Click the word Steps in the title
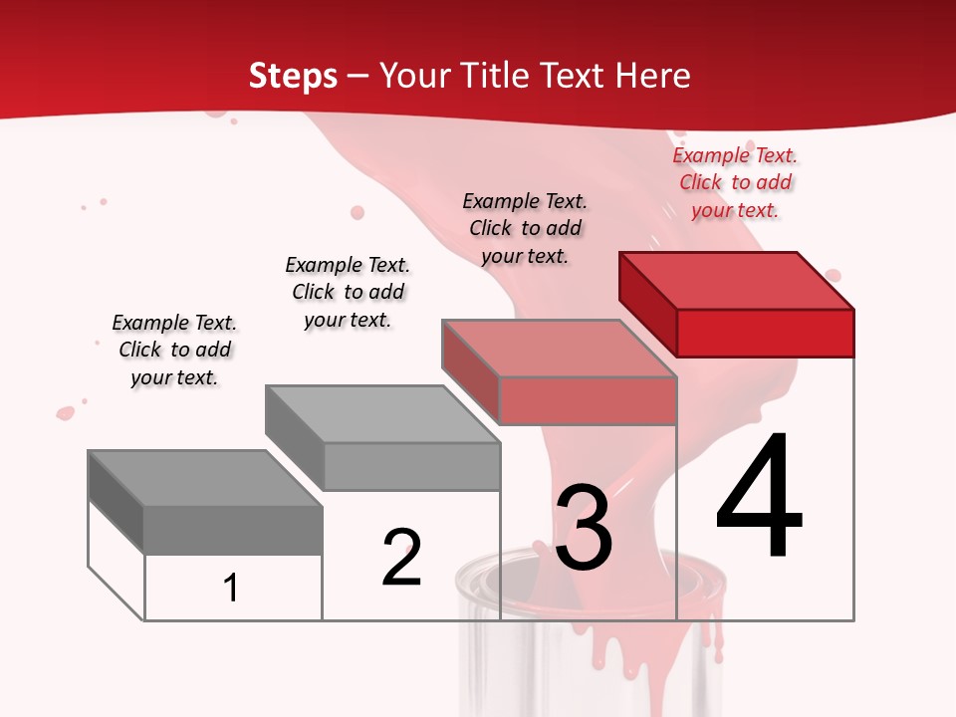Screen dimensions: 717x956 pyautogui.click(x=293, y=76)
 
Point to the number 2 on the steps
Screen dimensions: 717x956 pyautogui.click(x=401, y=558)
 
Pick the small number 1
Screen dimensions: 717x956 pyautogui.click(x=231, y=588)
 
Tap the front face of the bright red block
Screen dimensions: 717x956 pyautogui.click(x=765, y=333)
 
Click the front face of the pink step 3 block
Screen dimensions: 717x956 pyautogui.click(x=588, y=400)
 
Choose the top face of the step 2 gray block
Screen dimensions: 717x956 pyautogui.click(x=382, y=414)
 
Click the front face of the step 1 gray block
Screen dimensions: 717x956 pyautogui.click(x=233, y=530)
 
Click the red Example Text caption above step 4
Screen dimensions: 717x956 pyautogui.click(x=735, y=183)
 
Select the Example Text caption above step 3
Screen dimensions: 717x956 pyautogui.click(x=525, y=228)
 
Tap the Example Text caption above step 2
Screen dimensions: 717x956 pyautogui.click(x=348, y=292)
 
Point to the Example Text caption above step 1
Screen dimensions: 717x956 pyautogui.click(x=174, y=350)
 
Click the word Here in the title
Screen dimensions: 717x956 pyautogui.click(x=652, y=76)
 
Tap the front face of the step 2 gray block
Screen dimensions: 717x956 pyautogui.click(x=410, y=466)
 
